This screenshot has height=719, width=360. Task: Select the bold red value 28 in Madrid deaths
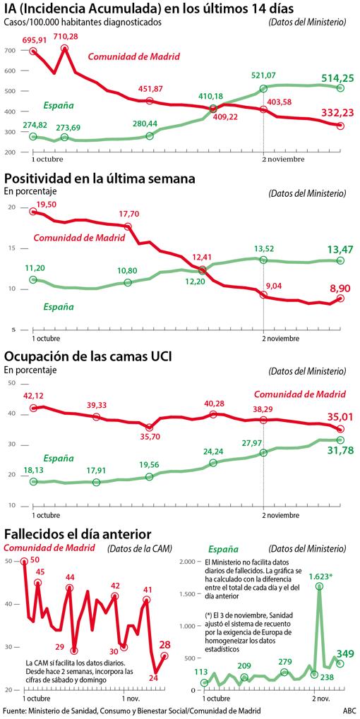(164, 644)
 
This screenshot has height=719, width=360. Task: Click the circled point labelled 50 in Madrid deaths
(25, 561)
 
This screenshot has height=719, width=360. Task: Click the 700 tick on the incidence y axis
(9, 52)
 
